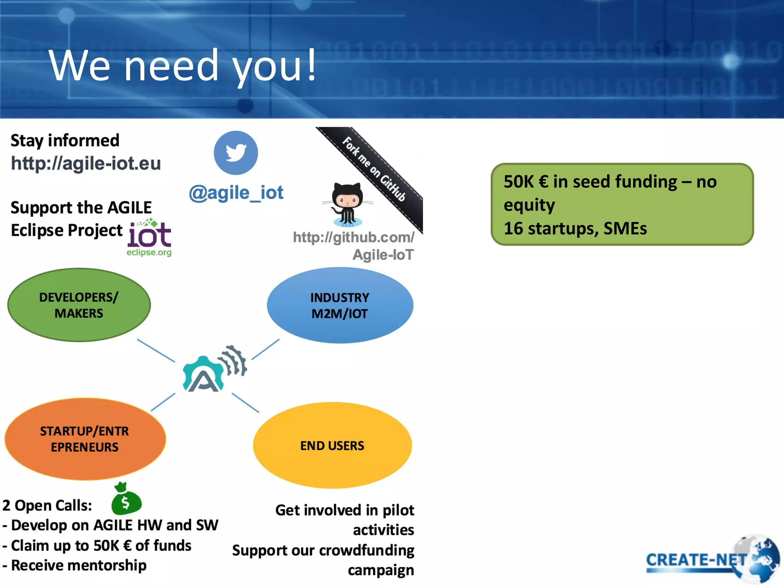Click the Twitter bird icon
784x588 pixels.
tap(236, 153)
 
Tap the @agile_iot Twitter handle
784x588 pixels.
tap(236, 193)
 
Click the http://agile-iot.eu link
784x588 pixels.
tap(86, 163)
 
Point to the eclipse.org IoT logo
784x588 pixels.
tap(150, 237)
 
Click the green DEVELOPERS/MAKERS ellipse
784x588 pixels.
tap(79, 305)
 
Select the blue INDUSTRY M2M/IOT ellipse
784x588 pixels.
tap(340, 305)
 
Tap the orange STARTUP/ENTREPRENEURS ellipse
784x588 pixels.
tap(85, 439)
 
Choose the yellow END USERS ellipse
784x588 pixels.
tap(332, 446)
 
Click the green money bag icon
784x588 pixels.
tap(126, 500)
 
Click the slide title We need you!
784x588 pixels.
tap(183, 66)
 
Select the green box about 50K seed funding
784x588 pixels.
tap(622, 204)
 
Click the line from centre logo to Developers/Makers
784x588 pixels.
tap(156, 350)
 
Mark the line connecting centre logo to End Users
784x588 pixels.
tap(245, 403)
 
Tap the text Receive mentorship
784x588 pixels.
tap(78, 565)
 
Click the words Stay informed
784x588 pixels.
tap(65, 140)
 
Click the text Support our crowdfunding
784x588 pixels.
tap(323, 550)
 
